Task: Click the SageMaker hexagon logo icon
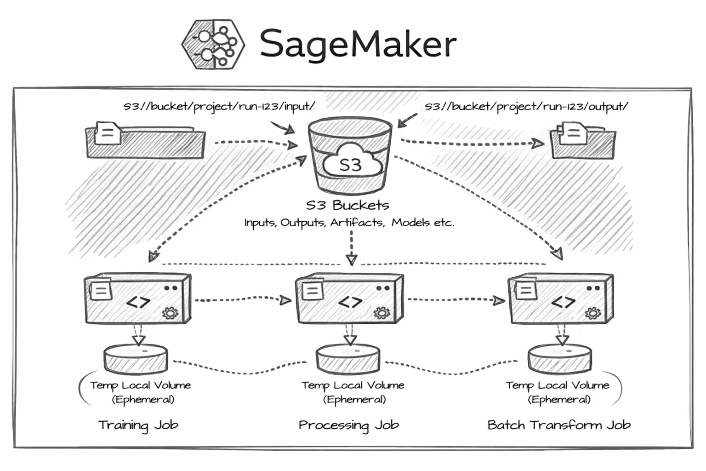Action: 213,44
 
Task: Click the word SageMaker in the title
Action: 358,44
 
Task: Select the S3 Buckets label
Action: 347,205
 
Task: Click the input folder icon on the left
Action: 145,140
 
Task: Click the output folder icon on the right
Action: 583,140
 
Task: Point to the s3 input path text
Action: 219,107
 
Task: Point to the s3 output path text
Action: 526,107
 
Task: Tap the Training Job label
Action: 138,425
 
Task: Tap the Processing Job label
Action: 348,425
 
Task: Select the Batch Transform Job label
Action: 559,425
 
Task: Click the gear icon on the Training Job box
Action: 170,313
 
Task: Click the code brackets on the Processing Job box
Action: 350,302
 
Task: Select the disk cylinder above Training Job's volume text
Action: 136,359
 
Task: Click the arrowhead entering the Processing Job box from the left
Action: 286,301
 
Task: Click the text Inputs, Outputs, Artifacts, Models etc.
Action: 349,223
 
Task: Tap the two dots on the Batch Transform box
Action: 593,288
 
